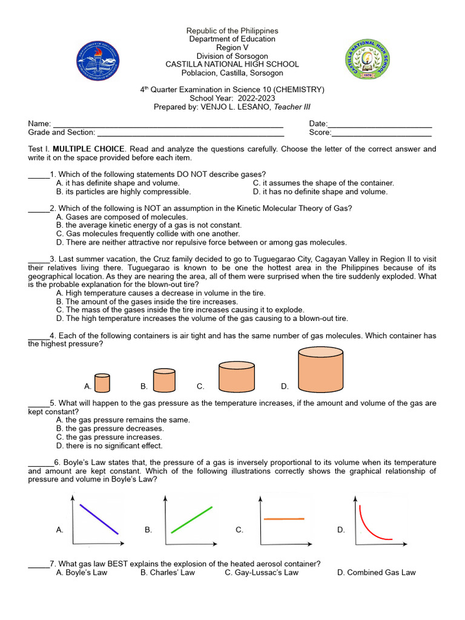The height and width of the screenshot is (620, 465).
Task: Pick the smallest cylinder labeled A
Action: click(103, 383)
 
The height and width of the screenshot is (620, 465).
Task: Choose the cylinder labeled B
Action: click(164, 380)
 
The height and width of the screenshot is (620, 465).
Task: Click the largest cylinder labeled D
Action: click(320, 370)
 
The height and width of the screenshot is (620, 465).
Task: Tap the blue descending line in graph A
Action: click(99, 519)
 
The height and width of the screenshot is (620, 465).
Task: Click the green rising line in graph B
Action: click(192, 519)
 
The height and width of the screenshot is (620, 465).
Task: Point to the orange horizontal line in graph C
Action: click(284, 519)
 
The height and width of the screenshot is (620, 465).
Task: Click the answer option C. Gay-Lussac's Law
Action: click(262, 572)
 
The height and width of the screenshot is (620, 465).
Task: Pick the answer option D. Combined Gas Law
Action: click(376, 572)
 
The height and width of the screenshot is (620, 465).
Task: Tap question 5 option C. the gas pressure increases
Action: click(109, 437)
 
